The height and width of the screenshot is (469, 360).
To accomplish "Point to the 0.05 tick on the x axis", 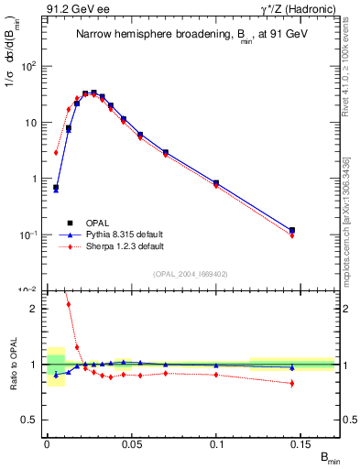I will tap(132, 442).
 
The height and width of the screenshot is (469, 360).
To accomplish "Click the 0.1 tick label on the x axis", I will tap(218, 442).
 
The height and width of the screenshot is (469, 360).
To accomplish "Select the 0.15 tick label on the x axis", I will tap(303, 442).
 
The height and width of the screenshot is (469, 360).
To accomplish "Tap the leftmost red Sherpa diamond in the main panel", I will tap(56, 153).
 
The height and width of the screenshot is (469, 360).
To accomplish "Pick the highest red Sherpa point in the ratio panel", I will tap(68, 304).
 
